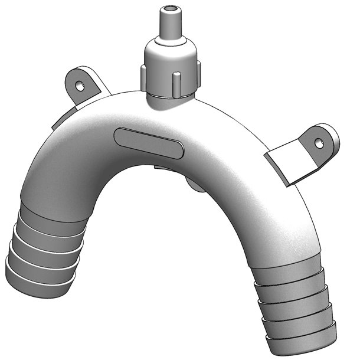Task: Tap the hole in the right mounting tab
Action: [319, 142]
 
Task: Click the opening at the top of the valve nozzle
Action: [171, 9]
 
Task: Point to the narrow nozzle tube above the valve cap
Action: [171, 27]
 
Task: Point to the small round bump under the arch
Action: [195, 184]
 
